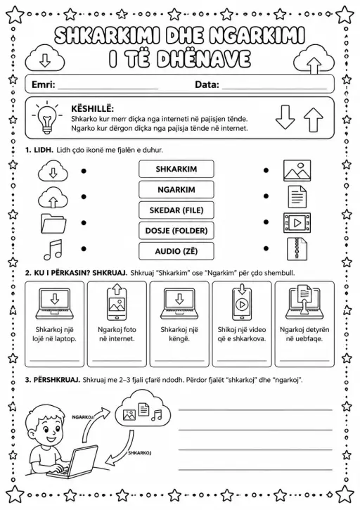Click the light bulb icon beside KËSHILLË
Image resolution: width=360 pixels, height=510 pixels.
point(47,117)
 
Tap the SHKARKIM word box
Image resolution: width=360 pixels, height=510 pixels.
point(176,169)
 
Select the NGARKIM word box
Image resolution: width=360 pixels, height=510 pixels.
point(176,189)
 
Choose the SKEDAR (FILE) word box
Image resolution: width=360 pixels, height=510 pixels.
point(176,210)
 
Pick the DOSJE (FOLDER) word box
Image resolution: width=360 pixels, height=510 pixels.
point(176,231)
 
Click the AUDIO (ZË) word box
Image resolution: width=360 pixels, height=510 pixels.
point(176,251)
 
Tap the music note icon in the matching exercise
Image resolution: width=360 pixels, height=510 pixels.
point(53,250)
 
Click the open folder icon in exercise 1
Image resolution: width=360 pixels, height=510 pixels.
point(53,224)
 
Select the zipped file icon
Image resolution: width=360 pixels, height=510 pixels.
point(297,249)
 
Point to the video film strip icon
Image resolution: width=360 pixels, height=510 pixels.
point(297,223)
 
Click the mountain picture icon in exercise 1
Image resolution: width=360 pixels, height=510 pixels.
point(297,170)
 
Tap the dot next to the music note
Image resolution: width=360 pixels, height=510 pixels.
point(84,249)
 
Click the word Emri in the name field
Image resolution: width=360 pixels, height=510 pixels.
point(44,84)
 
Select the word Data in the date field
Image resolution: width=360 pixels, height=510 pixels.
point(207,84)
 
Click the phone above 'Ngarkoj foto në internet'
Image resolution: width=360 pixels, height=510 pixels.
point(117,305)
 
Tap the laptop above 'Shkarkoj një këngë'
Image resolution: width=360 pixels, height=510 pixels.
point(179,304)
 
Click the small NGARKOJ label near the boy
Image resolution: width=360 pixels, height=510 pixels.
point(82,416)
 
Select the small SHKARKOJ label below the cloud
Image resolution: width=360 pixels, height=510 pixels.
point(139,453)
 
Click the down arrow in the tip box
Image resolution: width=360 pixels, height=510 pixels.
point(285,117)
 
